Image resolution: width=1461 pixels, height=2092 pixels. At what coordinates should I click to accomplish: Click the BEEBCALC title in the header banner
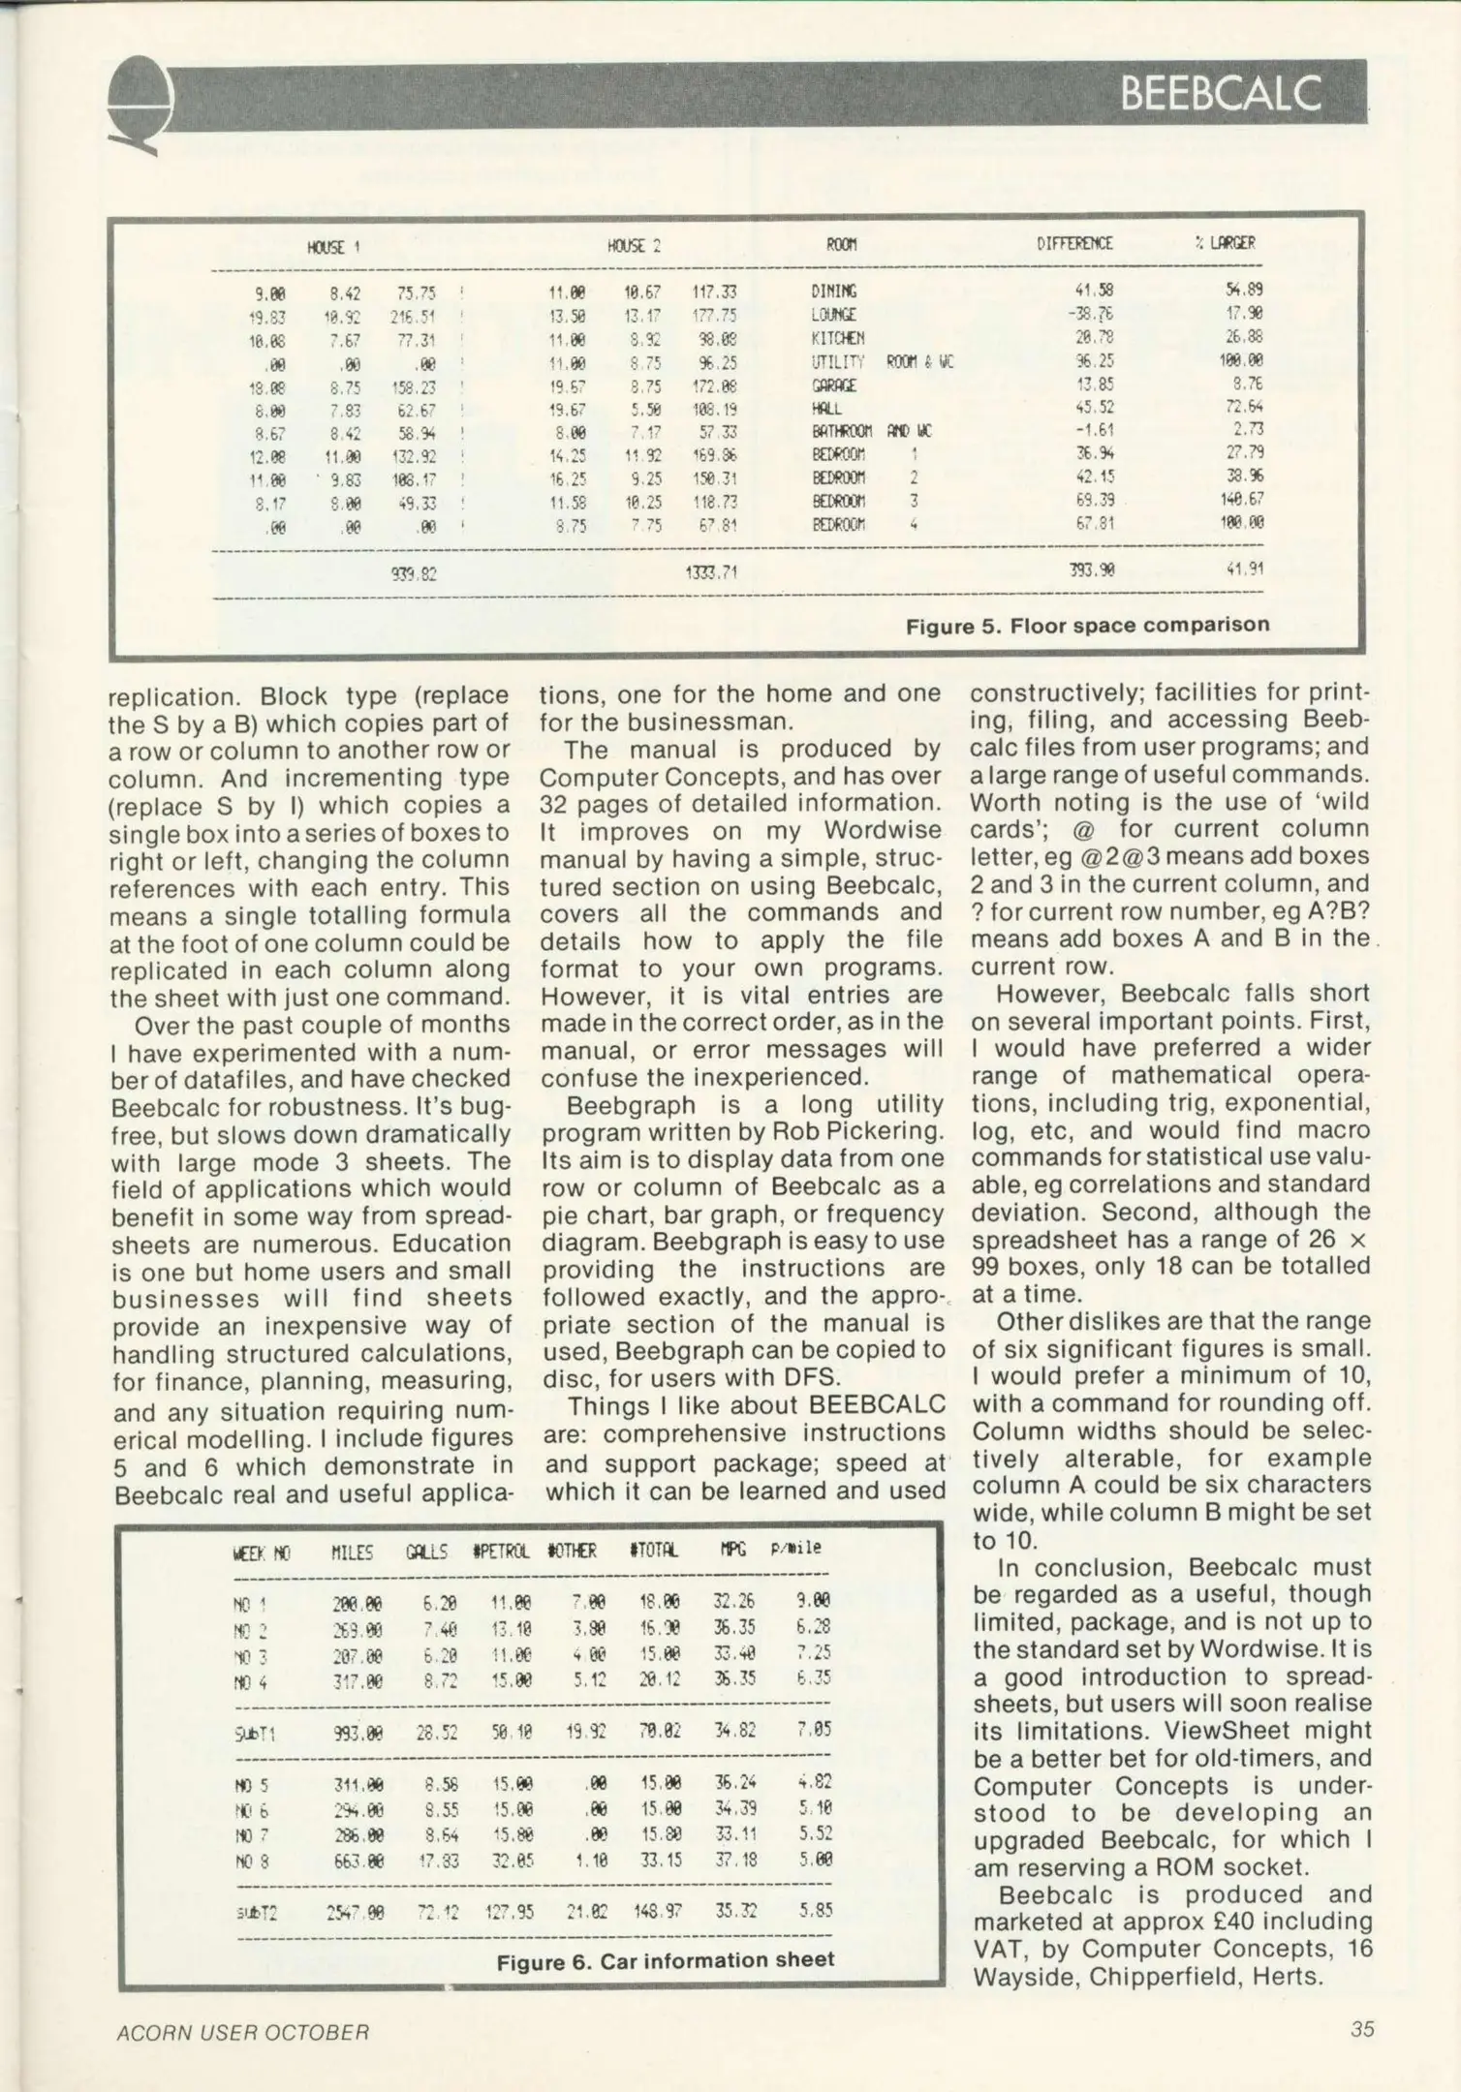(1220, 94)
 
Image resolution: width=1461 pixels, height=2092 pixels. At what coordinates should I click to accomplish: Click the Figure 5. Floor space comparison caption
(1086, 626)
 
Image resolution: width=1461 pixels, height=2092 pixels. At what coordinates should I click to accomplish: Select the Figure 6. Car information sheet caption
(665, 1960)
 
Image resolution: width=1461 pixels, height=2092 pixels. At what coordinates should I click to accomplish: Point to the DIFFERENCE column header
(1073, 244)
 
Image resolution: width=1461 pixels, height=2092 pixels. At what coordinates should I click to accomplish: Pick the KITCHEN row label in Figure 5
(837, 338)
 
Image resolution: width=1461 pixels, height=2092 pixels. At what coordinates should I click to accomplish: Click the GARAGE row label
(833, 385)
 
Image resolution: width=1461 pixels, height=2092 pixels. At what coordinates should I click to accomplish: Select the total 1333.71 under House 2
(711, 572)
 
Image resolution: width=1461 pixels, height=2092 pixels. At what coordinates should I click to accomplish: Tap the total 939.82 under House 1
(414, 573)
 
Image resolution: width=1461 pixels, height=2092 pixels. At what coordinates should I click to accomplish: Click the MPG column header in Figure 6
(732, 1551)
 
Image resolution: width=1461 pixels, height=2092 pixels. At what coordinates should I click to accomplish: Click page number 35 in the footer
(1361, 2029)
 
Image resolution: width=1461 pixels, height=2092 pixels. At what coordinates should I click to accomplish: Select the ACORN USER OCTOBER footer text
(242, 2032)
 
